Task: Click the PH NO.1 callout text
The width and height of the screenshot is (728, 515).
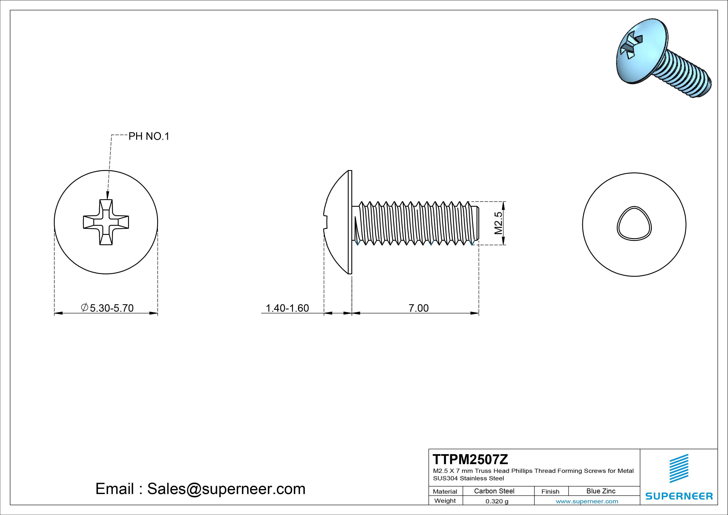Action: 149,136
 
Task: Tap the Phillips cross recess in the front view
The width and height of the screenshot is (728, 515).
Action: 106,222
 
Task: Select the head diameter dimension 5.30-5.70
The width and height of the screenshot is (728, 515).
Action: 112,308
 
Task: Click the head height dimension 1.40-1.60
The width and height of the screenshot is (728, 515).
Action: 287,308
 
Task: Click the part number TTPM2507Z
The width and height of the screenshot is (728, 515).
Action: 470,459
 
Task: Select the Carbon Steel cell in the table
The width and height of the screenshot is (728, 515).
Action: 494,491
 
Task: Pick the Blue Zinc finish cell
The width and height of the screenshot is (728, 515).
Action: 601,491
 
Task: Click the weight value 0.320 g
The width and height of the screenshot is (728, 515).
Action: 497,501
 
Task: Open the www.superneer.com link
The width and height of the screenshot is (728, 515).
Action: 587,501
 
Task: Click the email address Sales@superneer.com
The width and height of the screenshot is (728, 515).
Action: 226,489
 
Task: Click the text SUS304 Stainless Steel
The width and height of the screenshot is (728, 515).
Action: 468,478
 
